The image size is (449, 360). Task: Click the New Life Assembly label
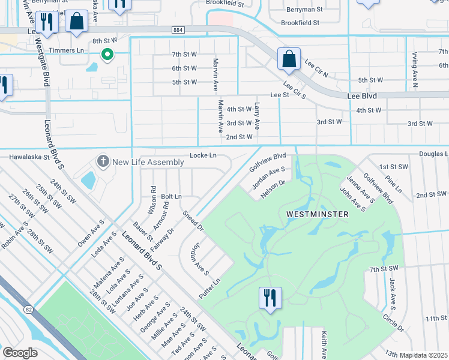(148, 162)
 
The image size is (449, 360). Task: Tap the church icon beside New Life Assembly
(103, 161)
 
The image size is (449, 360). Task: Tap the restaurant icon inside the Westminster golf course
(269, 297)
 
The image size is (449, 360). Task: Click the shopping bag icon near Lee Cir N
(288, 59)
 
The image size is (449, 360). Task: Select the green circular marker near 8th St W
(107, 55)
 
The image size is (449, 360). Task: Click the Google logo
(20, 352)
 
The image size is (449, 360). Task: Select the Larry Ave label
(256, 115)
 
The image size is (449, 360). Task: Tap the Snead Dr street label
(193, 220)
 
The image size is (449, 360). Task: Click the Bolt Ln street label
(171, 196)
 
